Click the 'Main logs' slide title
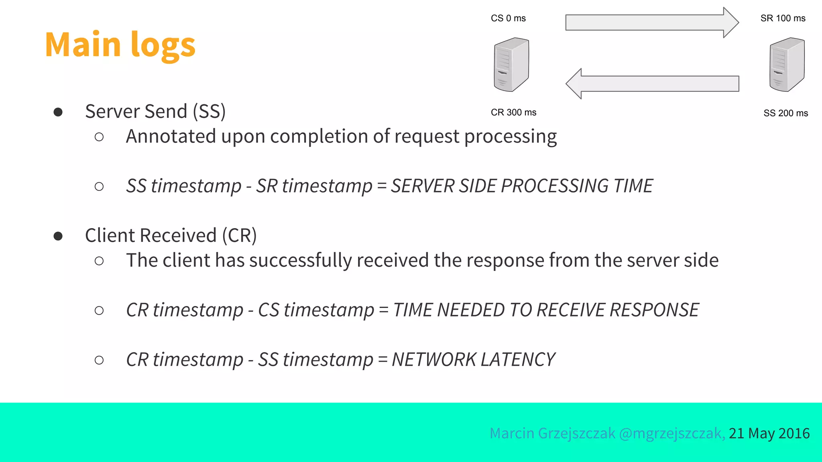(x=120, y=45)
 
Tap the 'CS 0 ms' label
(x=508, y=18)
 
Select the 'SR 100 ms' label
(x=783, y=18)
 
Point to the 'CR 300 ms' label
(x=513, y=113)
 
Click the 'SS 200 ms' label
(x=785, y=113)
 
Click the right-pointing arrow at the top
(x=651, y=22)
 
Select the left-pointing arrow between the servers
(x=652, y=83)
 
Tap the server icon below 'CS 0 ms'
(x=511, y=65)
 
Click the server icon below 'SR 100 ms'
(x=787, y=65)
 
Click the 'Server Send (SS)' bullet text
(x=155, y=111)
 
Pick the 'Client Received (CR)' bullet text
(x=171, y=235)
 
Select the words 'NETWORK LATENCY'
(x=473, y=360)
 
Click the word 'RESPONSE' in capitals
(x=654, y=310)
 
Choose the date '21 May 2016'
(x=769, y=434)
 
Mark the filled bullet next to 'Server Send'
(x=58, y=112)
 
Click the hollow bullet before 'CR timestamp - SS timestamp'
(x=99, y=360)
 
